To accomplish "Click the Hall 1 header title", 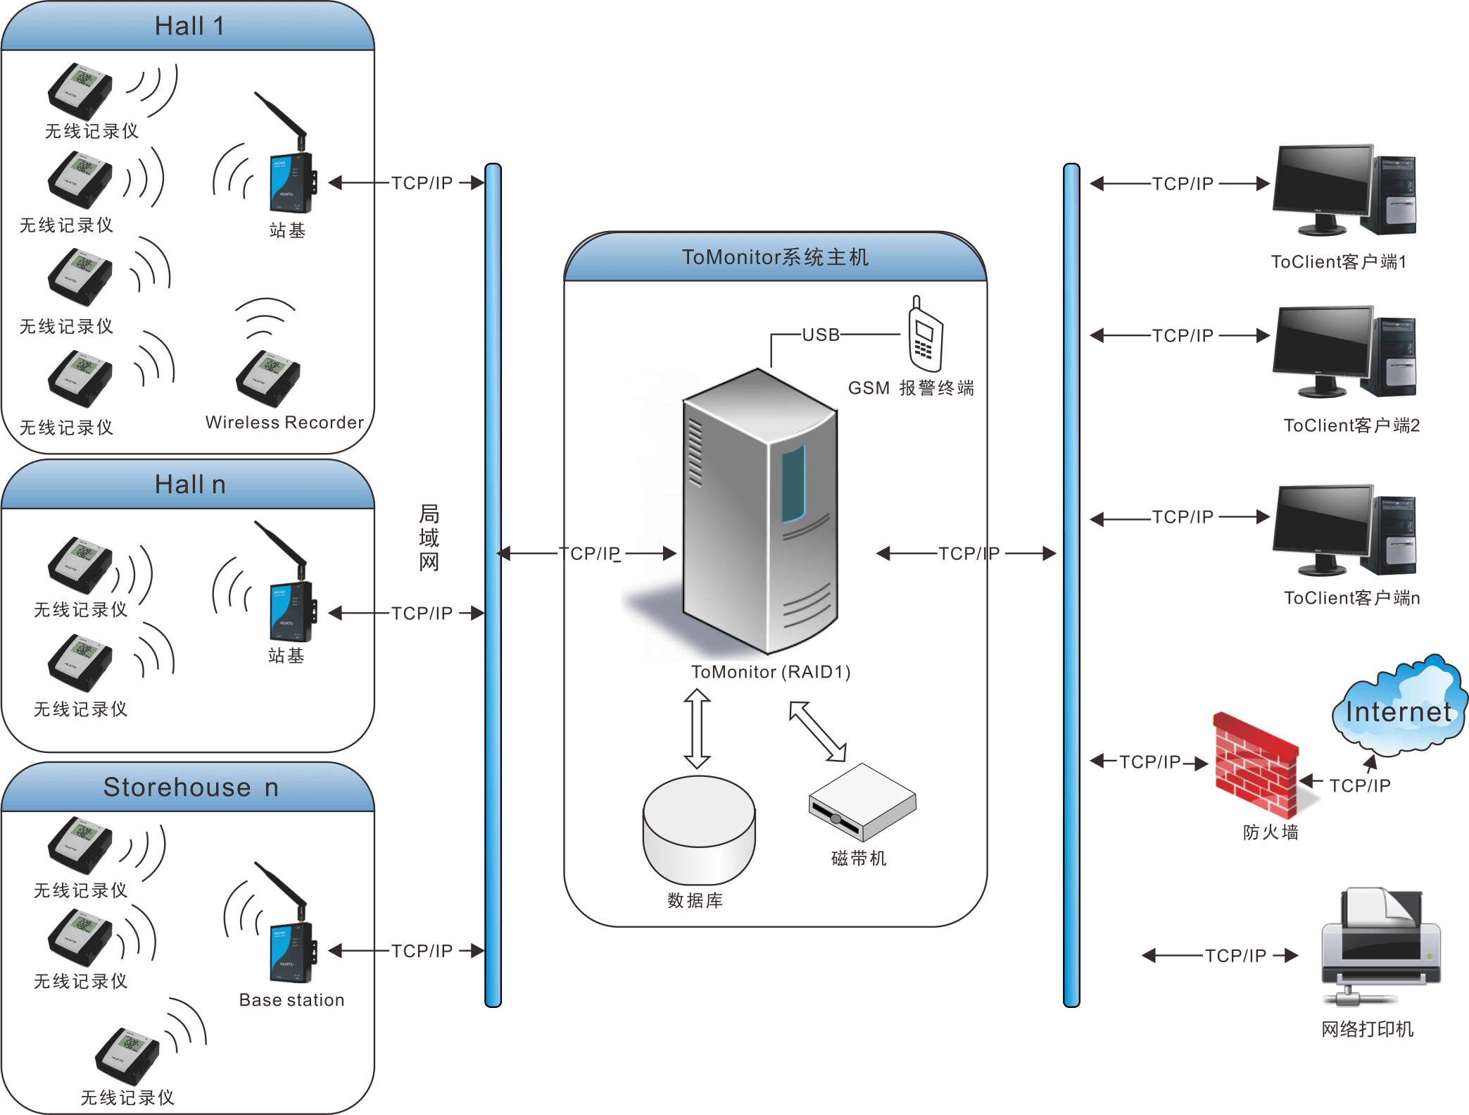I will (x=189, y=27).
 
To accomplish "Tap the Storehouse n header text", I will (x=190, y=787).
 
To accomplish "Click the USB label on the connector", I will (x=821, y=335).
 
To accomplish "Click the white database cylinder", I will (x=698, y=829).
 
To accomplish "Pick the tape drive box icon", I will (x=862, y=803).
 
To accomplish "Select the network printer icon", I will (x=1380, y=947).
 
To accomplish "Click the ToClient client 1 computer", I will (x=1343, y=187).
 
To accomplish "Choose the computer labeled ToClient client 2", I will (x=1343, y=349).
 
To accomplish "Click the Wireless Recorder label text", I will (x=284, y=423).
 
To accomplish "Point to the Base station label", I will (x=291, y=1000).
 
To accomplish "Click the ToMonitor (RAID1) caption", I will (x=771, y=672).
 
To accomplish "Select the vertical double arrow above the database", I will (x=697, y=728).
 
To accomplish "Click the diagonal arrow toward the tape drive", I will (x=817, y=731).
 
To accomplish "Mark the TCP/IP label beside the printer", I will (x=1235, y=956).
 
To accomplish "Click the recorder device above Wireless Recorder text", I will (x=268, y=378).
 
